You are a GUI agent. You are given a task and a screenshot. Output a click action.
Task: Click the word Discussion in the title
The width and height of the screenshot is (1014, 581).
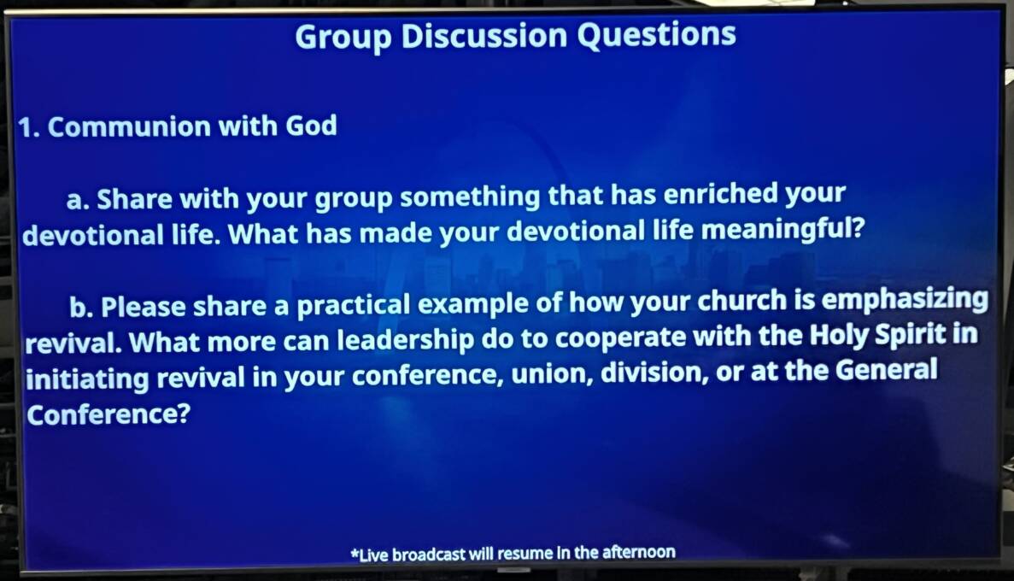point(485,35)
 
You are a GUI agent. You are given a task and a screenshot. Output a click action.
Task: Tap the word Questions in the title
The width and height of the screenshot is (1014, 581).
point(656,35)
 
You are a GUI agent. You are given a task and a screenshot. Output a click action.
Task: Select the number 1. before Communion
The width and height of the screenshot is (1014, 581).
point(29,127)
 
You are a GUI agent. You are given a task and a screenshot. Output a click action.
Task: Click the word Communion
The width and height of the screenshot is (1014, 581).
point(128,126)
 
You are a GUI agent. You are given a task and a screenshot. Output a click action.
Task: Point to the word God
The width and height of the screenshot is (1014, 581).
point(311,126)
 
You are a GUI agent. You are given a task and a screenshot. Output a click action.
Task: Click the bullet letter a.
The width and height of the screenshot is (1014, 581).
point(78,201)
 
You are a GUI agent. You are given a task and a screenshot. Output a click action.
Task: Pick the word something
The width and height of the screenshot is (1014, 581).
point(470,196)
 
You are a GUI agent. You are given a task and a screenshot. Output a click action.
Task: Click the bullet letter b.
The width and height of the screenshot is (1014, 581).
point(81,307)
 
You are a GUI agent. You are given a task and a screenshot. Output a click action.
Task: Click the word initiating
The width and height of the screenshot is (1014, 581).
point(87,378)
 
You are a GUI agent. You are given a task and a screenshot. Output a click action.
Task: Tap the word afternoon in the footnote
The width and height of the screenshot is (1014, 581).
point(639,552)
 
